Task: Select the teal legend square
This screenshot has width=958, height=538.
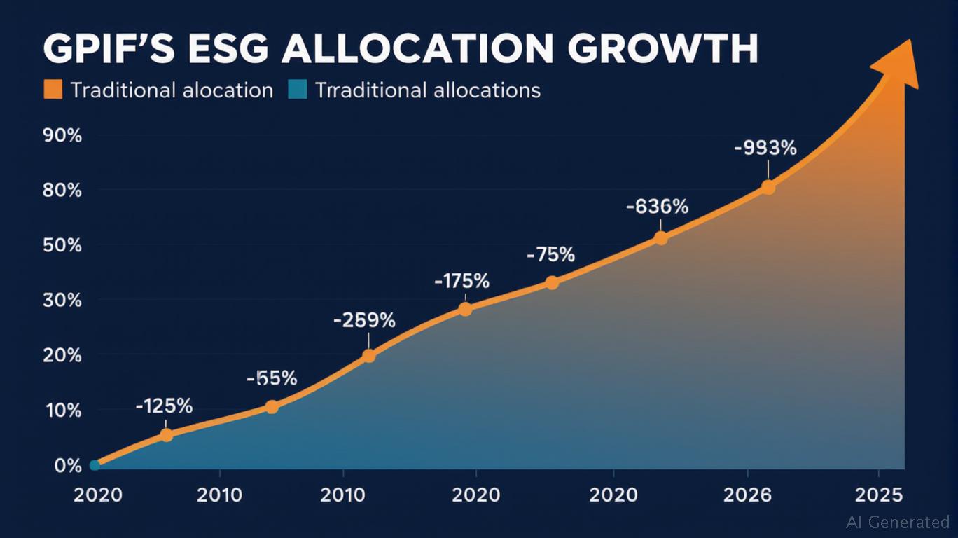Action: point(297,90)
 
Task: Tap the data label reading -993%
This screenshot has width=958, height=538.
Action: point(765,149)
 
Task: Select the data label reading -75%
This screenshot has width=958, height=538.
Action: point(550,255)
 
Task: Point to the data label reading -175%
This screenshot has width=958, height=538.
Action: point(461,282)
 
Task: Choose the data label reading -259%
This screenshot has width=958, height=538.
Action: point(364,321)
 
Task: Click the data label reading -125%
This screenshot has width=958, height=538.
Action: point(164,406)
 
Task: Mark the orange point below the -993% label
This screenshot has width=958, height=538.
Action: point(768,188)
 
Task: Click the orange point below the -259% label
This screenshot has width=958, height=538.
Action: point(368,356)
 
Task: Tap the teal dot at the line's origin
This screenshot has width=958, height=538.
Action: point(95,465)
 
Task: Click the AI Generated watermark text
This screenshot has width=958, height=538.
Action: point(897,522)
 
